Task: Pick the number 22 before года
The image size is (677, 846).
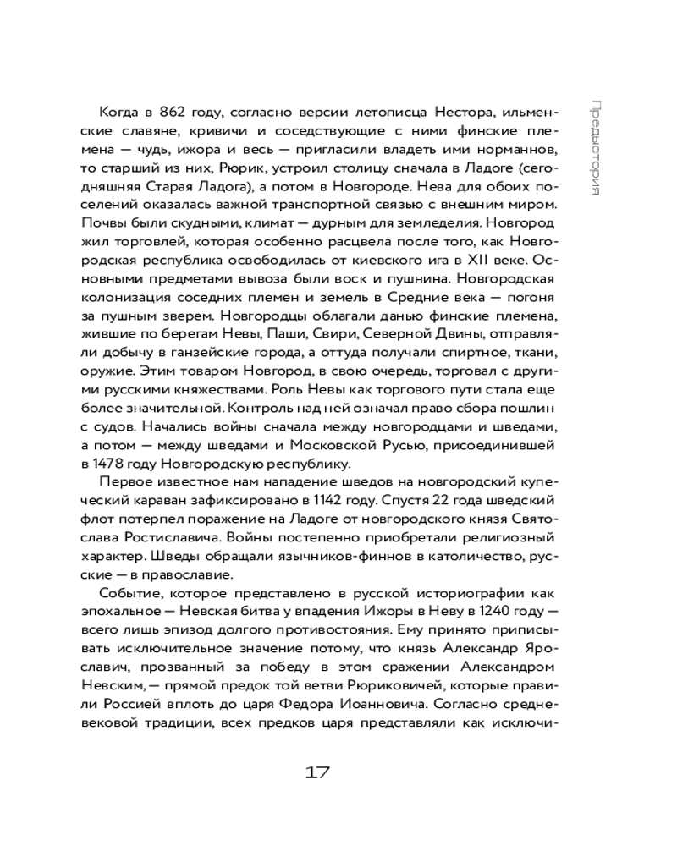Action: click(439, 500)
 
